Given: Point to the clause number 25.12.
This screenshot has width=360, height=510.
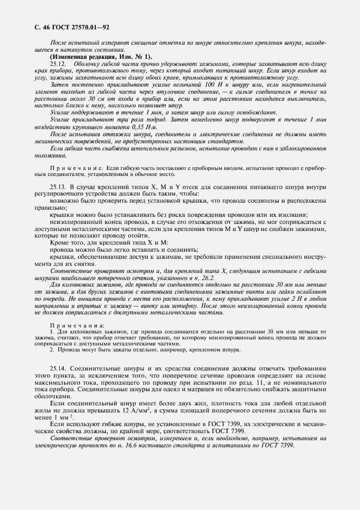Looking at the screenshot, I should [x=58, y=64].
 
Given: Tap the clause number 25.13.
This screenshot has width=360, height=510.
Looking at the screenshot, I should [x=58, y=187].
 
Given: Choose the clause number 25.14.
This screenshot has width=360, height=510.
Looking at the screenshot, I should [x=58, y=369].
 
